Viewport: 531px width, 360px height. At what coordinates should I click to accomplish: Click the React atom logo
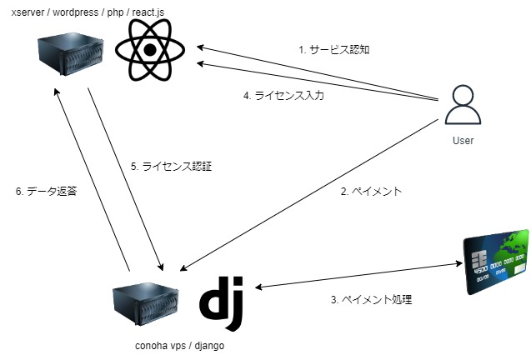(150, 51)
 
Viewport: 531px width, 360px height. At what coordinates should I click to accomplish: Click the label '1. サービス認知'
(333, 50)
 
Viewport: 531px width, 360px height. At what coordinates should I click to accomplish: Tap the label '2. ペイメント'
(371, 191)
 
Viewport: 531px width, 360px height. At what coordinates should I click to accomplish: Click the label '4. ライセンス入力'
(283, 96)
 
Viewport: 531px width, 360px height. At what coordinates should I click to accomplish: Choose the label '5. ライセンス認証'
(172, 166)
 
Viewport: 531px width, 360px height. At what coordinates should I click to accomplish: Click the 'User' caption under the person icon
(463, 141)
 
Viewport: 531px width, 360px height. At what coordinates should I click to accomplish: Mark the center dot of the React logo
(150, 51)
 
